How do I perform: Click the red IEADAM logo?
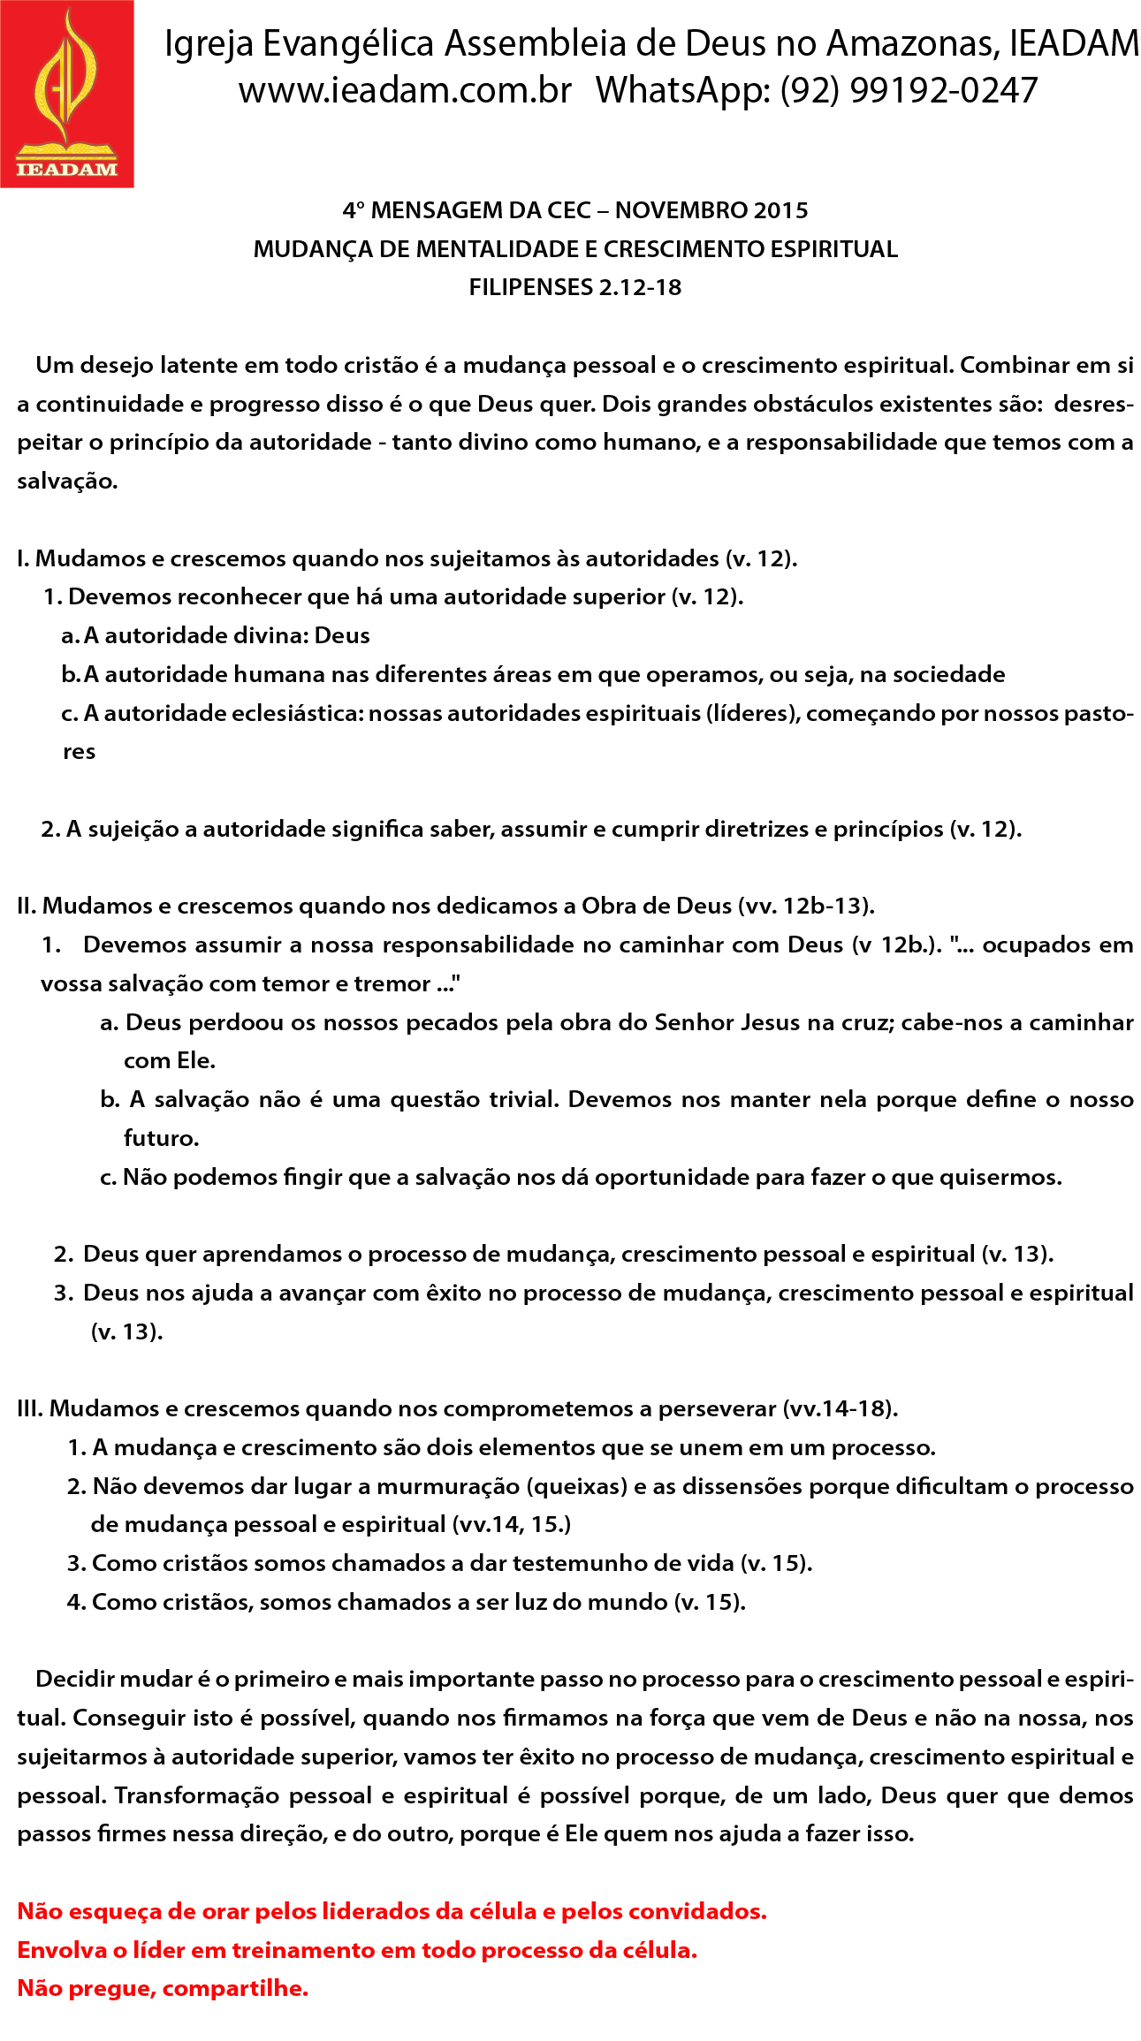click(x=67, y=94)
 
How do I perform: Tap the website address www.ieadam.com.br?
click(x=406, y=90)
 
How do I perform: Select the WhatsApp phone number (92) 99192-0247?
click(x=909, y=90)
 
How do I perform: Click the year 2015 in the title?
click(x=780, y=210)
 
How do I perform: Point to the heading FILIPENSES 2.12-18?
click(x=575, y=287)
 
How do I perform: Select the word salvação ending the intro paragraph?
click(x=66, y=482)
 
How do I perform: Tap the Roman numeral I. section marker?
click(x=23, y=558)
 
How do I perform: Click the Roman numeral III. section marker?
click(x=30, y=1408)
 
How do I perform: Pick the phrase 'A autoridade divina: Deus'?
click(x=226, y=635)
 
